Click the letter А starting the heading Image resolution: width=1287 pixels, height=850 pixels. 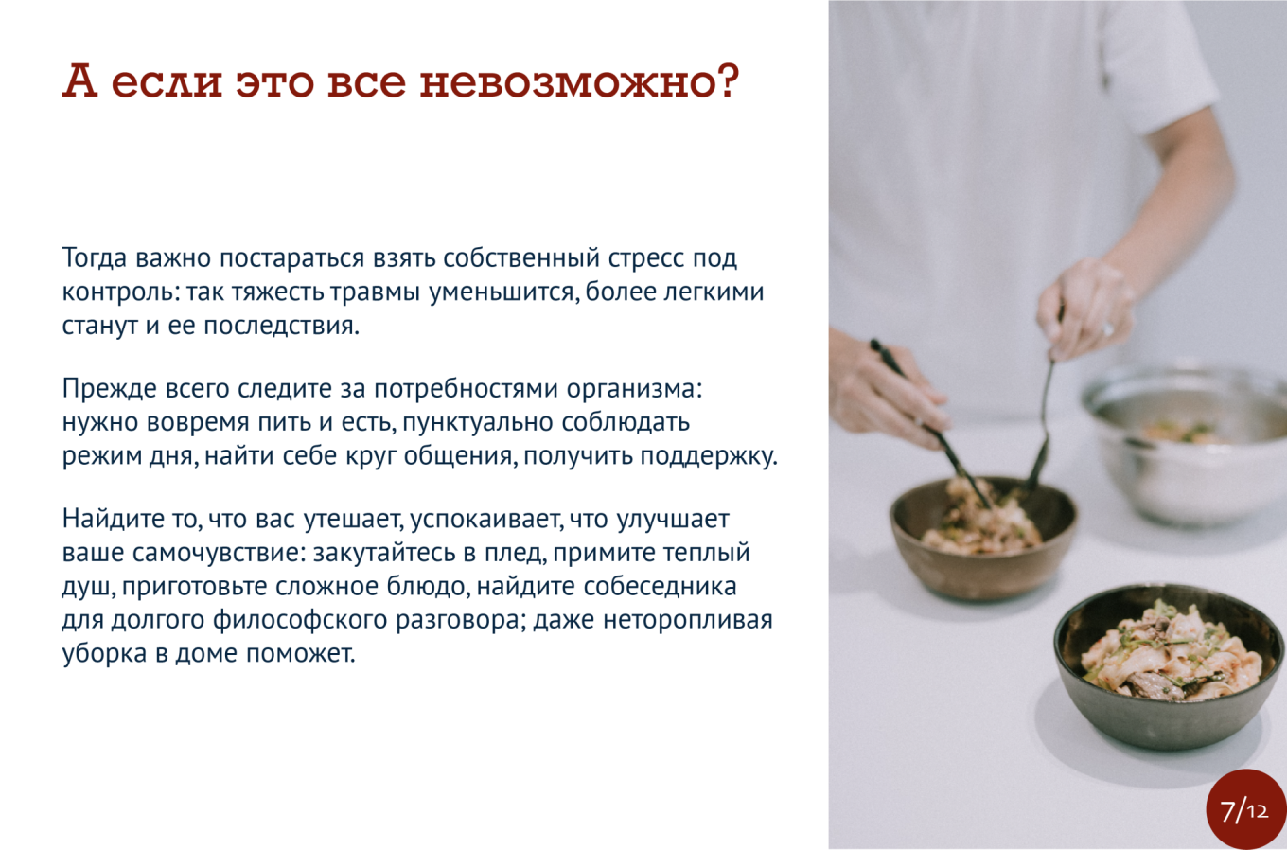click(x=79, y=80)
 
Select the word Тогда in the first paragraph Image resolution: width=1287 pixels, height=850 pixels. click(x=95, y=258)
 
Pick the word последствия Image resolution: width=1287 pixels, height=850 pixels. click(x=282, y=326)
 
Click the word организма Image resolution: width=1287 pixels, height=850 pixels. click(x=634, y=389)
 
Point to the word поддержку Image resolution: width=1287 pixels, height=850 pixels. click(x=709, y=456)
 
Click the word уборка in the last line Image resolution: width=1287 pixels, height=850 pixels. click(x=104, y=654)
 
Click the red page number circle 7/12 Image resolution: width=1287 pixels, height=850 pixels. click(x=1245, y=808)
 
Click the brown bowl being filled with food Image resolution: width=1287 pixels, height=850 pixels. click(x=983, y=537)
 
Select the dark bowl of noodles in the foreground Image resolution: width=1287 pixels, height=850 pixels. click(x=1171, y=665)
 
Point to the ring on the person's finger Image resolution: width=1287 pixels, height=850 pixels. click(x=1107, y=328)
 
